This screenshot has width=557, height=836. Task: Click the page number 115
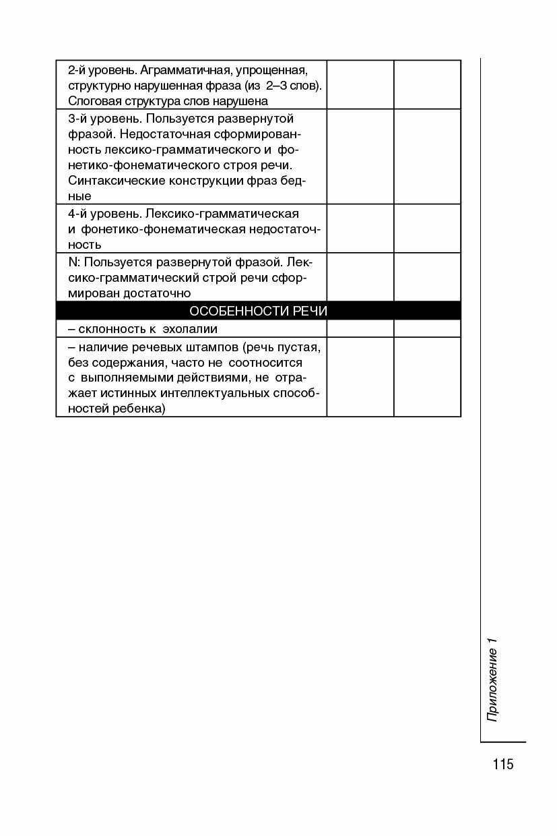click(x=502, y=764)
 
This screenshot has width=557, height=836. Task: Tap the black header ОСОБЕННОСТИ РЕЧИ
click(x=259, y=311)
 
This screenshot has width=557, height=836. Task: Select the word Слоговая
click(x=91, y=101)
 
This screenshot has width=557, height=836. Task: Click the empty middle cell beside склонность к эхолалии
click(x=360, y=328)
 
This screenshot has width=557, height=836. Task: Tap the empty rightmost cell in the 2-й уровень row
click(x=427, y=84)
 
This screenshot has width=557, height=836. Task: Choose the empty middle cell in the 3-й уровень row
click(x=360, y=156)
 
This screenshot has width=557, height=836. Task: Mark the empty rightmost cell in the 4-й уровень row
click(x=427, y=229)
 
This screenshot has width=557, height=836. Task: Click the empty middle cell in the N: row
click(x=360, y=276)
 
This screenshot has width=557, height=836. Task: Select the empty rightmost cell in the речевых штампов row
click(x=427, y=377)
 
